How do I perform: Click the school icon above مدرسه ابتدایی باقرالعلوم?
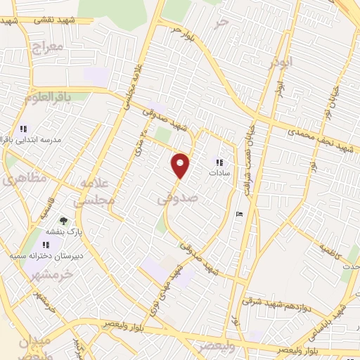pos(23,129)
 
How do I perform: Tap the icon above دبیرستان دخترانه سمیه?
pos(46,243)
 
